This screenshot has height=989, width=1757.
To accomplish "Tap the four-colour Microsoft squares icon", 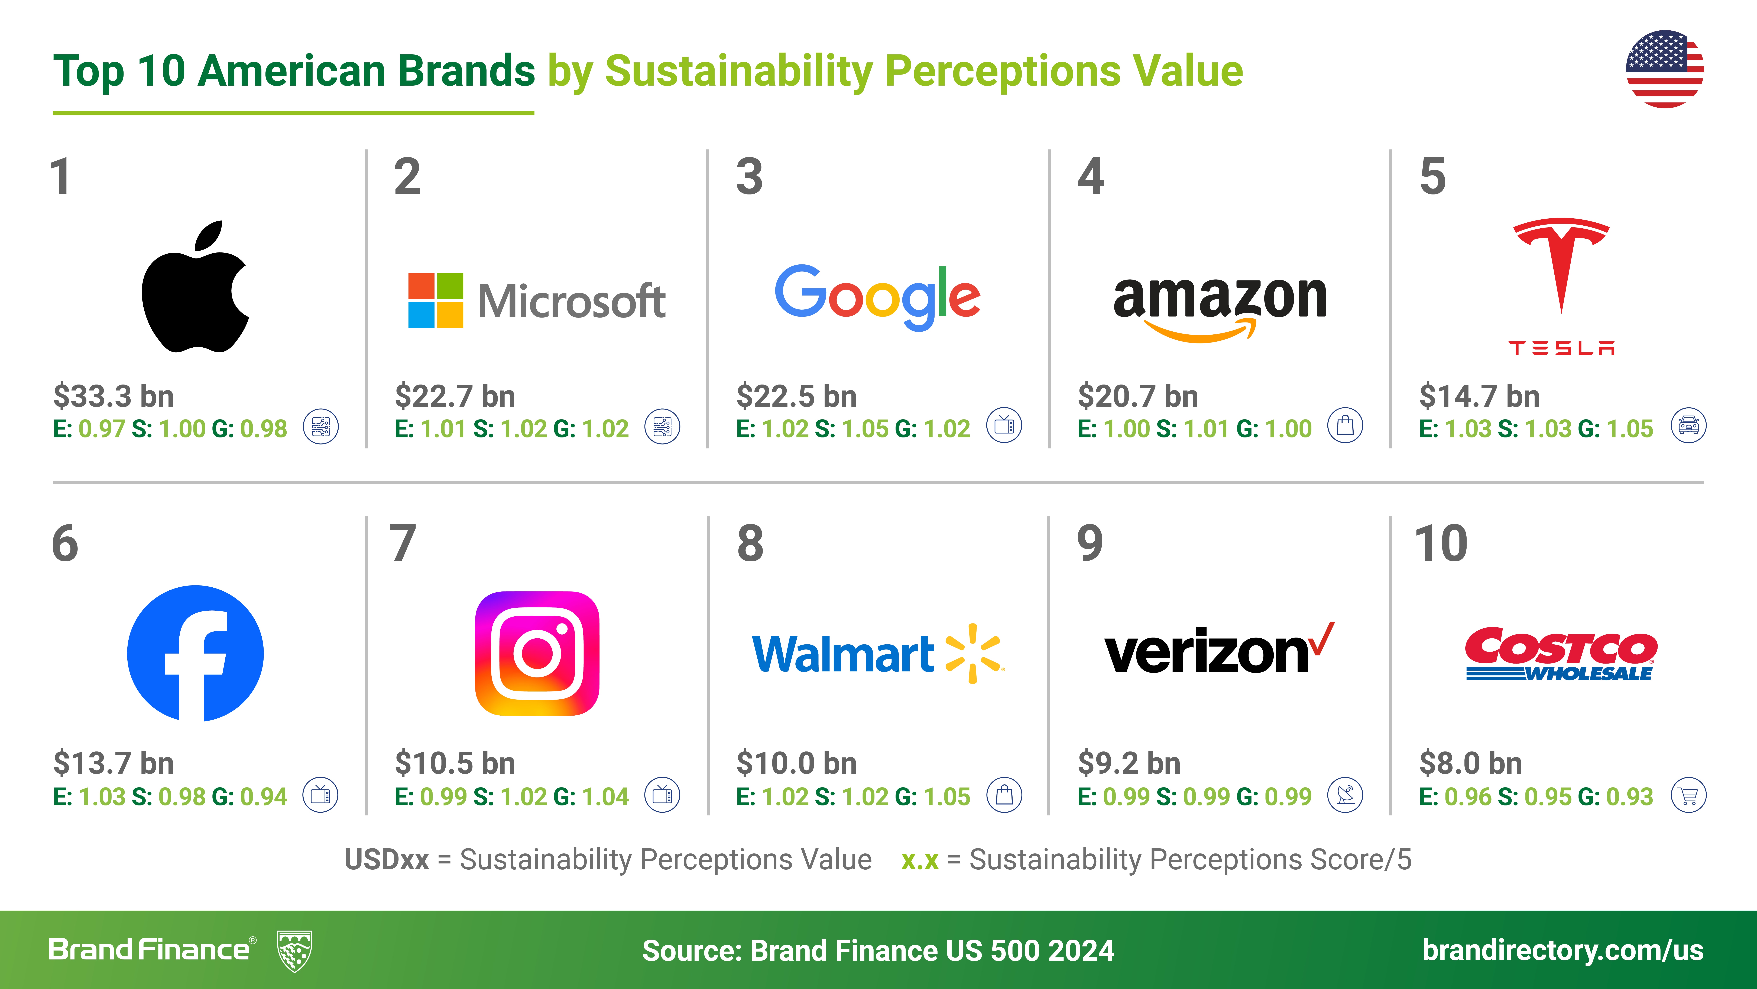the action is point(436,300).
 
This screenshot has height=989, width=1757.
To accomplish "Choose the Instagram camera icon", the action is point(537,653).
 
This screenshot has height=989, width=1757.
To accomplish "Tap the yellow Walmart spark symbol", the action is point(974,653).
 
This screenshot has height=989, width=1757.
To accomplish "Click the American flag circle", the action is point(1665,69).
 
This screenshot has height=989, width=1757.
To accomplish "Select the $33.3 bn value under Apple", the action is point(114,396).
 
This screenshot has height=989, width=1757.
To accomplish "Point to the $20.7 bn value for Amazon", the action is point(1138,396).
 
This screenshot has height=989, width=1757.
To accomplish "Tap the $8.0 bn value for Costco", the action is point(1471,763).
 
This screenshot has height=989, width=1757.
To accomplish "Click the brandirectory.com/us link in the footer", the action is point(1563,950).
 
